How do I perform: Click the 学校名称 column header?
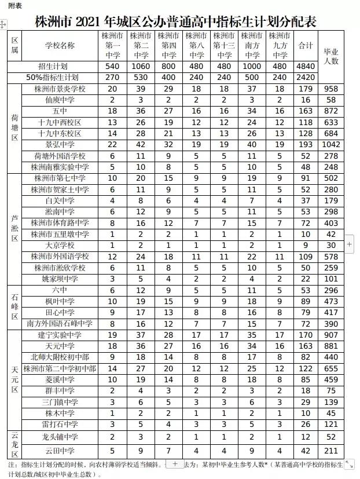coord(60,45)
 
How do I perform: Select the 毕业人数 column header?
coord(331,56)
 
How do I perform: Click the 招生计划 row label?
coord(52,67)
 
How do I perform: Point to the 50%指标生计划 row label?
coord(52,77)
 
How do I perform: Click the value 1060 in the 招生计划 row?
coord(141,67)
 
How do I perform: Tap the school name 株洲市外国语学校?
coord(60,257)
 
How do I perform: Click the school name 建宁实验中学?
coord(60,335)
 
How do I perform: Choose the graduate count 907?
coord(331,335)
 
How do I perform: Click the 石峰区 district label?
coord(14,307)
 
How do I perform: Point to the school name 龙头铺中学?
coord(60,437)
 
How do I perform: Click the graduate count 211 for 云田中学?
coord(331,451)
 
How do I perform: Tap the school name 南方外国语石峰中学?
coord(60,324)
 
